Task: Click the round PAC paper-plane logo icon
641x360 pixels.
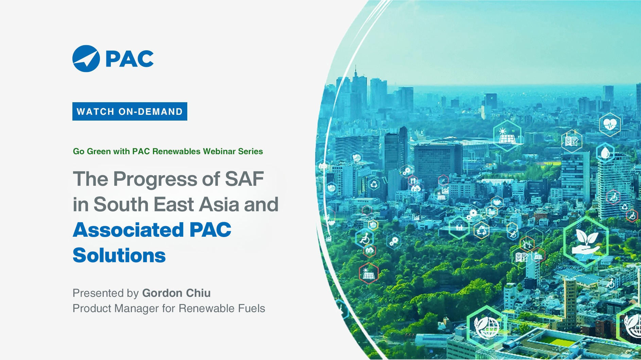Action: (86, 58)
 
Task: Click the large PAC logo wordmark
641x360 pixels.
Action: (129, 59)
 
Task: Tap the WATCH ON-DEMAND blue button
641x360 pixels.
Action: (129, 111)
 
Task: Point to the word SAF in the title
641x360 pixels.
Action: (244, 179)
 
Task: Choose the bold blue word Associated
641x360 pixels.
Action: (128, 230)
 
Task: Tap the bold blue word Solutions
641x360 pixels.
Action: (119, 255)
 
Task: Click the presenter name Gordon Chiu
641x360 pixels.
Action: (176, 293)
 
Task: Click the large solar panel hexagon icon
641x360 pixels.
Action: (507, 136)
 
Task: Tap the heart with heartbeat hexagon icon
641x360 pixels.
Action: (610, 124)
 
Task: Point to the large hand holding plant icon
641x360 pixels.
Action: (586, 241)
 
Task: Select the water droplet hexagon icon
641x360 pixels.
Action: (605, 153)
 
